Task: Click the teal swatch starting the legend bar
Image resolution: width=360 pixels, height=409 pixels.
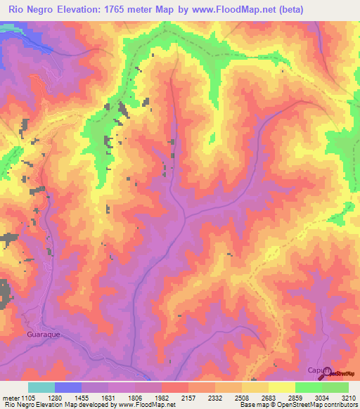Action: [x=41, y=387]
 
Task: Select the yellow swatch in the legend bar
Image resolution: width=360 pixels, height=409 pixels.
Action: [x=281, y=387]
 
